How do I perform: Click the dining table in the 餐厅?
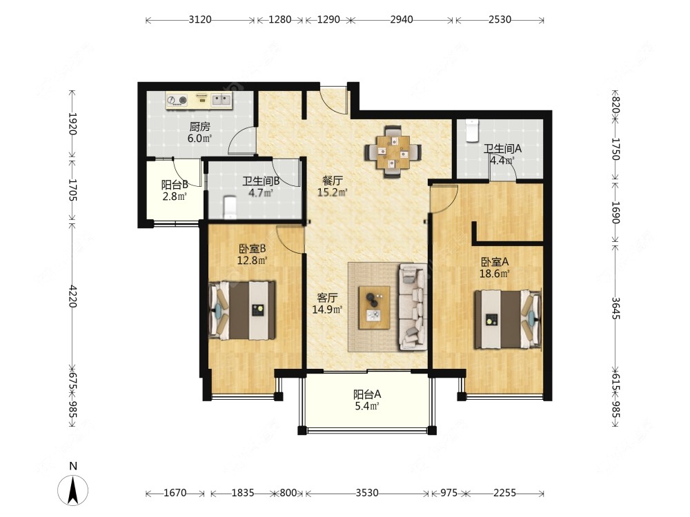(x=393, y=152)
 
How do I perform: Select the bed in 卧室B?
(x=242, y=310)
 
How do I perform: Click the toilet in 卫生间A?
(x=472, y=130)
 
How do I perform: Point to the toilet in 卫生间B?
(x=230, y=207)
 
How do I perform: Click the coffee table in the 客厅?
(x=374, y=307)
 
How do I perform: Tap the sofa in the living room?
(x=413, y=307)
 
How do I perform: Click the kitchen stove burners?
(x=177, y=100)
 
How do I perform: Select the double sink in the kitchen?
(x=221, y=100)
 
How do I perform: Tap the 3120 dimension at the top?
(x=200, y=20)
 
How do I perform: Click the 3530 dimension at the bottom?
(x=367, y=494)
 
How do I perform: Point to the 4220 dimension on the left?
(x=73, y=296)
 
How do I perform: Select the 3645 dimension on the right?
(x=615, y=309)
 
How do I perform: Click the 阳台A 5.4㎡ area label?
(x=367, y=400)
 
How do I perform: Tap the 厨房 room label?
(x=200, y=127)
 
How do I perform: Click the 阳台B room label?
(x=175, y=185)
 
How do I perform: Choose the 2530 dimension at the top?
(x=500, y=20)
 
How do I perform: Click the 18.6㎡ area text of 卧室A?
(x=495, y=274)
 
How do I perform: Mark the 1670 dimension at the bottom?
(x=175, y=494)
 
